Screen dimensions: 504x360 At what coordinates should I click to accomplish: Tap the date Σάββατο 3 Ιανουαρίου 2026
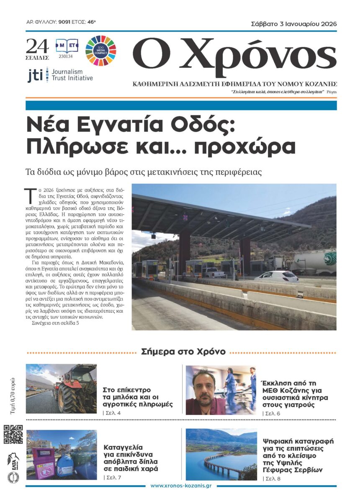coord(294,24)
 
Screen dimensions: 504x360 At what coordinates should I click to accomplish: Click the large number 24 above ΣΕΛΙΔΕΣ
coord(37,45)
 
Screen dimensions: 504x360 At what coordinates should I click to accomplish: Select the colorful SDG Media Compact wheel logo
coord(100,51)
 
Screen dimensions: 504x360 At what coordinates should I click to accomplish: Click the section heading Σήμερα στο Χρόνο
coord(183,351)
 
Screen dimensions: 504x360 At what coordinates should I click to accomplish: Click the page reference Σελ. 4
coord(112,414)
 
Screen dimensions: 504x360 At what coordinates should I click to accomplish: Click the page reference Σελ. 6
coord(271,414)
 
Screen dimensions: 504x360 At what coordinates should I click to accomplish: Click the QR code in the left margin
coord(13,435)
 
